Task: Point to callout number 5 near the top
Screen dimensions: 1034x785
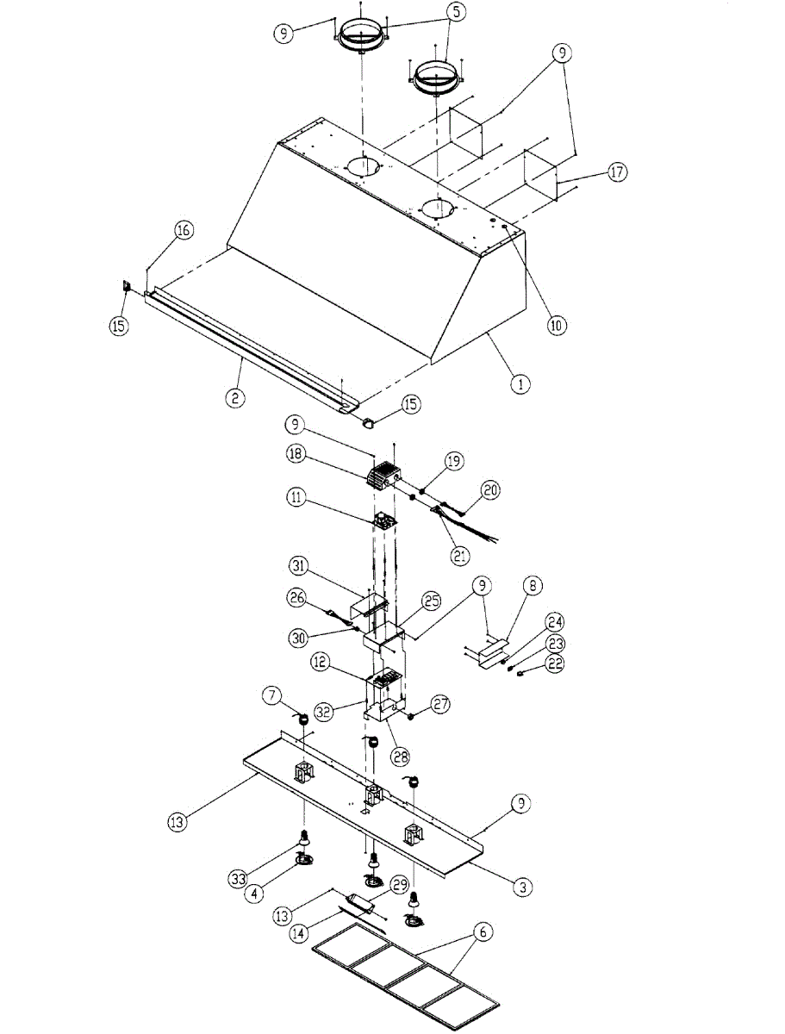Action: point(455,13)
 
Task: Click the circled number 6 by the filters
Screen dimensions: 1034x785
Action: point(483,931)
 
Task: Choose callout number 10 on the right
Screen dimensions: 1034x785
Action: point(556,325)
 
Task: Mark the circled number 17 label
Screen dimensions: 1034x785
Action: point(617,172)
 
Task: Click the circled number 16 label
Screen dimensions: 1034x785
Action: point(184,230)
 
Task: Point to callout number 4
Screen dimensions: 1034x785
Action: point(254,894)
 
